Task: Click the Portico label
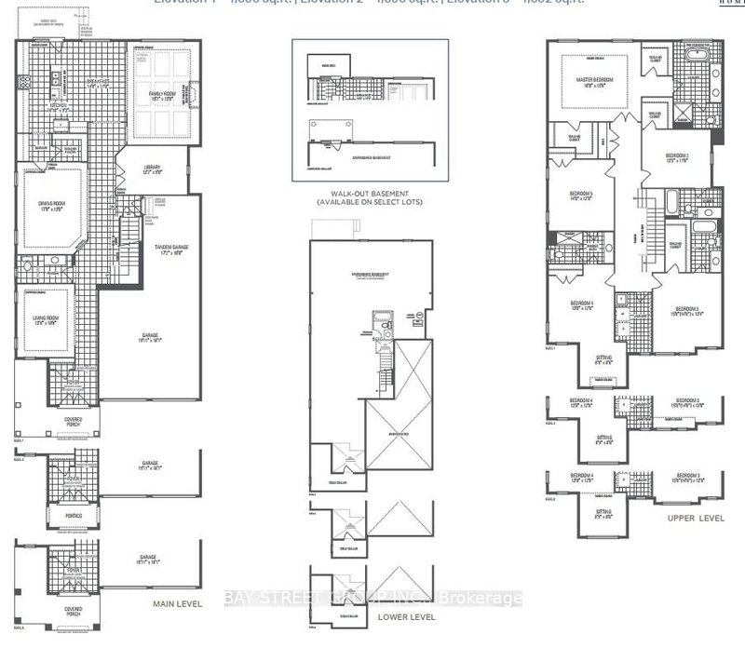coord(73,515)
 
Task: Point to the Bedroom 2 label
coord(677,156)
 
